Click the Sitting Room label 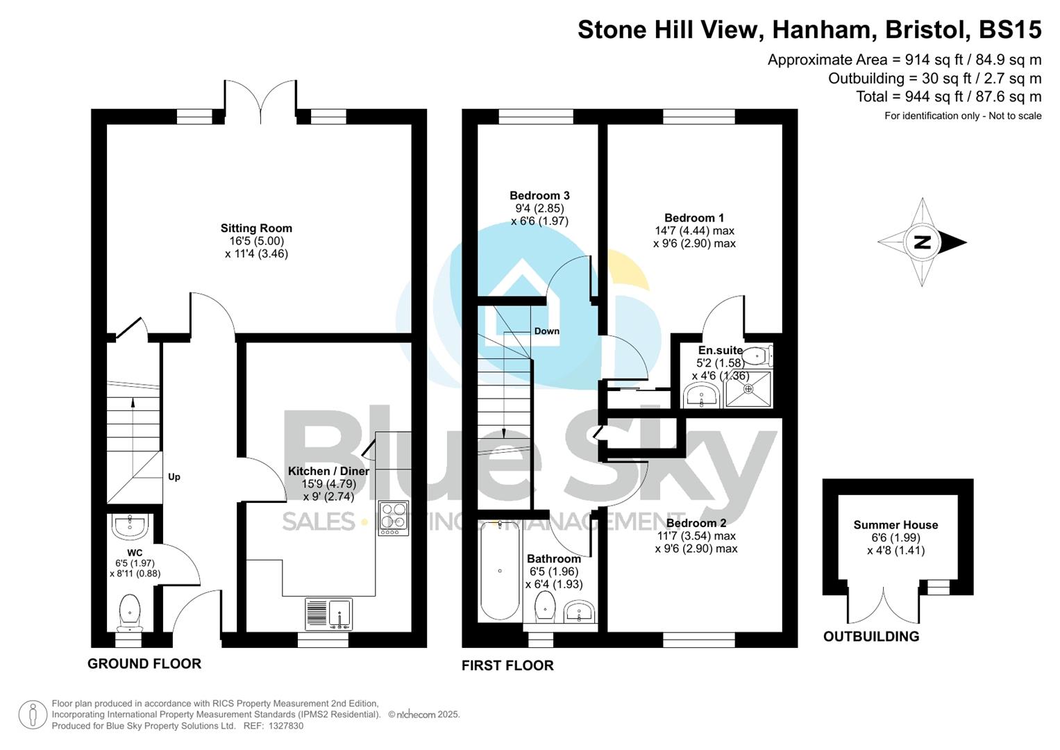tap(256, 228)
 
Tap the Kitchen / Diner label tap(328, 471)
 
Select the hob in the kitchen tap(393, 518)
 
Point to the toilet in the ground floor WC tap(130, 611)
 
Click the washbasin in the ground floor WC tap(131, 526)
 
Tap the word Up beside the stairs tap(174, 476)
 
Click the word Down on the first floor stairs tap(546, 331)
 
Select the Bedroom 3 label tap(539, 195)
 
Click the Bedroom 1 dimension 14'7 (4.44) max tap(694, 231)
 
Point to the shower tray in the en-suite tap(748, 389)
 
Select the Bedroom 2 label tap(696, 523)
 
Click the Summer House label tap(895, 525)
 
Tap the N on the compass tap(923, 242)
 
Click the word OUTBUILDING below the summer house tap(870, 636)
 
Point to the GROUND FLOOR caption tap(144, 663)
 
